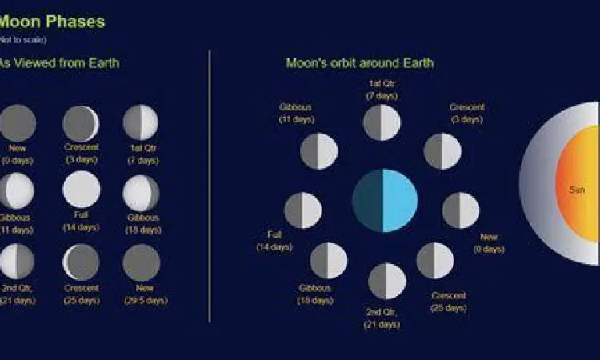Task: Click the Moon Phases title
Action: [52, 22]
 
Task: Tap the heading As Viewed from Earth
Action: [60, 62]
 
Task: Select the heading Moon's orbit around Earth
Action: [360, 62]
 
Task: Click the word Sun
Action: [576, 190]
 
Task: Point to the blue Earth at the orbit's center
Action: [385, 200]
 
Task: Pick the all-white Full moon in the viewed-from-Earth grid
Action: [82, 190]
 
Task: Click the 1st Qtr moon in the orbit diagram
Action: [382, 122]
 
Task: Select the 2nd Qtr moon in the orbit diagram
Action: [386, 281]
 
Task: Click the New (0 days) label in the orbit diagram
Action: [489, 243]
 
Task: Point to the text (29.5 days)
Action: [146, 301]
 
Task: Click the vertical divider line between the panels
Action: [210, 184]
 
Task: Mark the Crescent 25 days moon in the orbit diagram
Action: [435, 261]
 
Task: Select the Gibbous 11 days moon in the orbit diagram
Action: [318, 151]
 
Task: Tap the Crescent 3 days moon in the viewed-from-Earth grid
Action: [81, 123]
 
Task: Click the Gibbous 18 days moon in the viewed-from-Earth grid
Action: [142, 193]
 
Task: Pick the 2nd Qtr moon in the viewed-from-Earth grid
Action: [17, 262]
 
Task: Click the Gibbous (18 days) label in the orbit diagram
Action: [316, 294]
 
